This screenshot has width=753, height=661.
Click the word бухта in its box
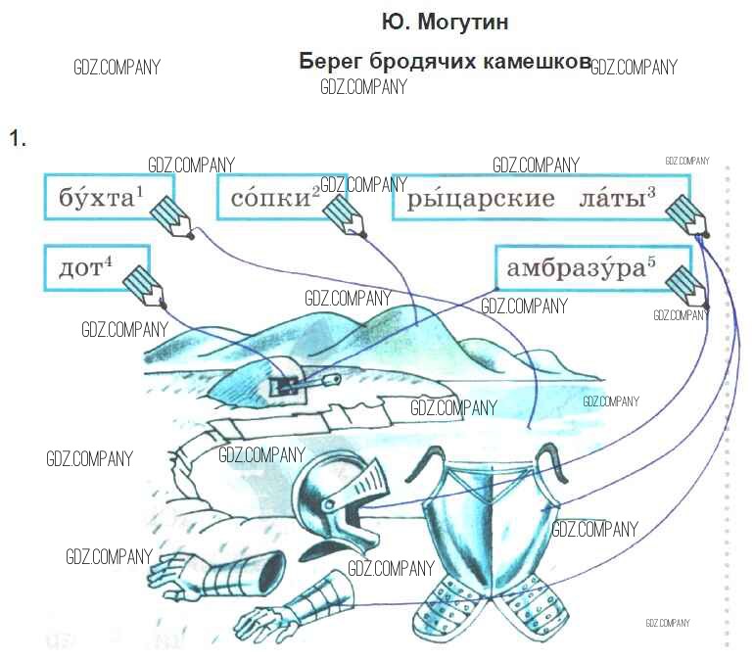95,199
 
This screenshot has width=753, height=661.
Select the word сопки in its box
269,199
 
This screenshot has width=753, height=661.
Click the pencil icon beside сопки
347,212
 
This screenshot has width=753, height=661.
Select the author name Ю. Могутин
446,22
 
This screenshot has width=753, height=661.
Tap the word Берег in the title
330,61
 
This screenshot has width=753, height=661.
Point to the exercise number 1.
16,138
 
